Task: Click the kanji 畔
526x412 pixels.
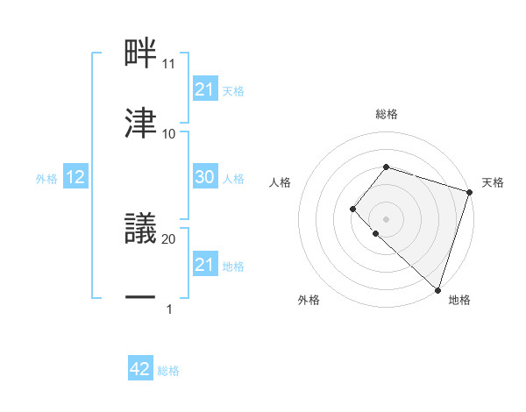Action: [140, 53]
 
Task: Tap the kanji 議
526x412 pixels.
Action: [140, 229]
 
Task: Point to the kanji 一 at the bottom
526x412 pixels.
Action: [140, 298]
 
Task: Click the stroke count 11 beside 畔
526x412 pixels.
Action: [169, 64]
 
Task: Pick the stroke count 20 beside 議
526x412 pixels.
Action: [169, 238]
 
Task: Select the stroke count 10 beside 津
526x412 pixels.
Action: [169, 133]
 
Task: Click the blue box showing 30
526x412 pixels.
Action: [204, 177]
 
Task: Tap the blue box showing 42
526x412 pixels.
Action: [140, 370]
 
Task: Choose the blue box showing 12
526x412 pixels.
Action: [75, 177]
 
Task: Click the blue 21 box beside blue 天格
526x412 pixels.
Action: [204, 89]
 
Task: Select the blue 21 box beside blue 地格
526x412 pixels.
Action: [204, 265]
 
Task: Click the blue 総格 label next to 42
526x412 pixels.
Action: [168, 371]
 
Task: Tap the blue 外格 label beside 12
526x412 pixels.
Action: [46, 178]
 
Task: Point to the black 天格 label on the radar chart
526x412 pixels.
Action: [493, 182]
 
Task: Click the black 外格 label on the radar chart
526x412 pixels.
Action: [309, 300]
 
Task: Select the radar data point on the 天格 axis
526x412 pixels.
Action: [469, 192]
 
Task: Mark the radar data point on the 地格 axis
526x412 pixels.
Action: [437, 289]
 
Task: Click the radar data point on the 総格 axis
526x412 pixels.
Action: [386, 167]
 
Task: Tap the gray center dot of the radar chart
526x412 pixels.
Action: [386, 218]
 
